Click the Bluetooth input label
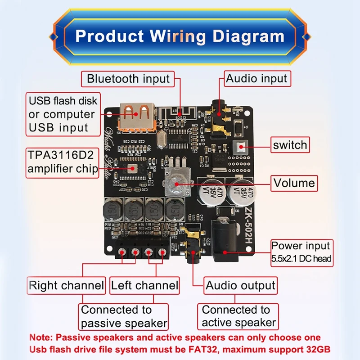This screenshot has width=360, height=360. pos(128,79)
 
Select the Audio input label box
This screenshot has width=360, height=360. pos(256,79)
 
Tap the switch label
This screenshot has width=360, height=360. pos(290,145)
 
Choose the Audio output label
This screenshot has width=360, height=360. pos(240,285)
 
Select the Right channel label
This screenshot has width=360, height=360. pos(67,285)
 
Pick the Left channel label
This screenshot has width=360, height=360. pos(144,285)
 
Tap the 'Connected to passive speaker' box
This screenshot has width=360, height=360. pos(124,316)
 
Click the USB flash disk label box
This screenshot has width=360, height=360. pos(63,114)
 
